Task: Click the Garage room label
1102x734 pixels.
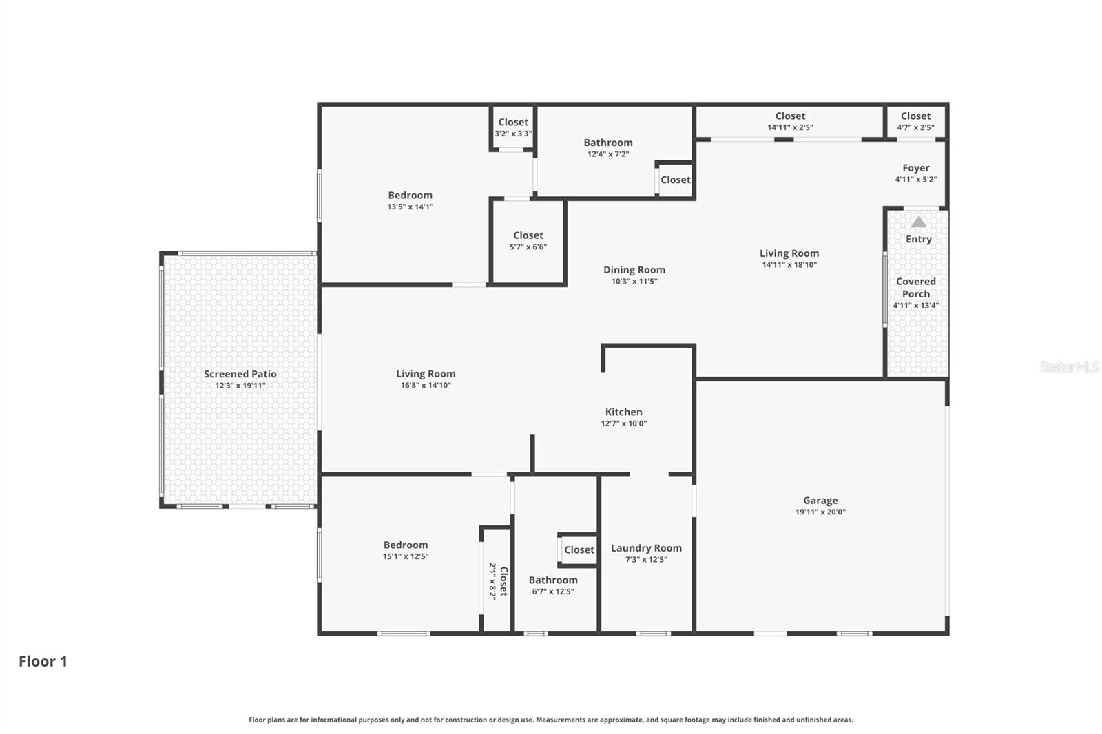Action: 820,501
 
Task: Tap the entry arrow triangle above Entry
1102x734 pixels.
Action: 918,222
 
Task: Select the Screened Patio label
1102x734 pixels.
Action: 240,374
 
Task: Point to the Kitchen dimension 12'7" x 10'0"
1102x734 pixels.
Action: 623,423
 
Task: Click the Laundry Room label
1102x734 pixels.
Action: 646,548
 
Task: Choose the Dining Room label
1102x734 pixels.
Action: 634,270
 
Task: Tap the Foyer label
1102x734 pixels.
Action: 915,168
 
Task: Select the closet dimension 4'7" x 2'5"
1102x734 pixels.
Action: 915,127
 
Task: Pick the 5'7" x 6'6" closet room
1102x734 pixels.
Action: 528,240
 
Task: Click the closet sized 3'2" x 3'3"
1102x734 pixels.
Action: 513,127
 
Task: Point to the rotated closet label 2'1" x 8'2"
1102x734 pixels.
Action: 498,581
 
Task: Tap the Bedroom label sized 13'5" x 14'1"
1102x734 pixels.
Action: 410,196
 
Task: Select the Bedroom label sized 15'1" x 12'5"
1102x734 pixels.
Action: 406,545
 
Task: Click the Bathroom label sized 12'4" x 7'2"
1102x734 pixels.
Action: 607,143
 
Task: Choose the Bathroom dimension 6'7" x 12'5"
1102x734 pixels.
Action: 552,591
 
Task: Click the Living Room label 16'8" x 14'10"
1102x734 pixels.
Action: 426,374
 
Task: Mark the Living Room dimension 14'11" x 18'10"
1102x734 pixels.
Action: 789,264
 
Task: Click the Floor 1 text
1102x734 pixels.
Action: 43,661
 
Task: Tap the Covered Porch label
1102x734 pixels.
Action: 915,288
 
